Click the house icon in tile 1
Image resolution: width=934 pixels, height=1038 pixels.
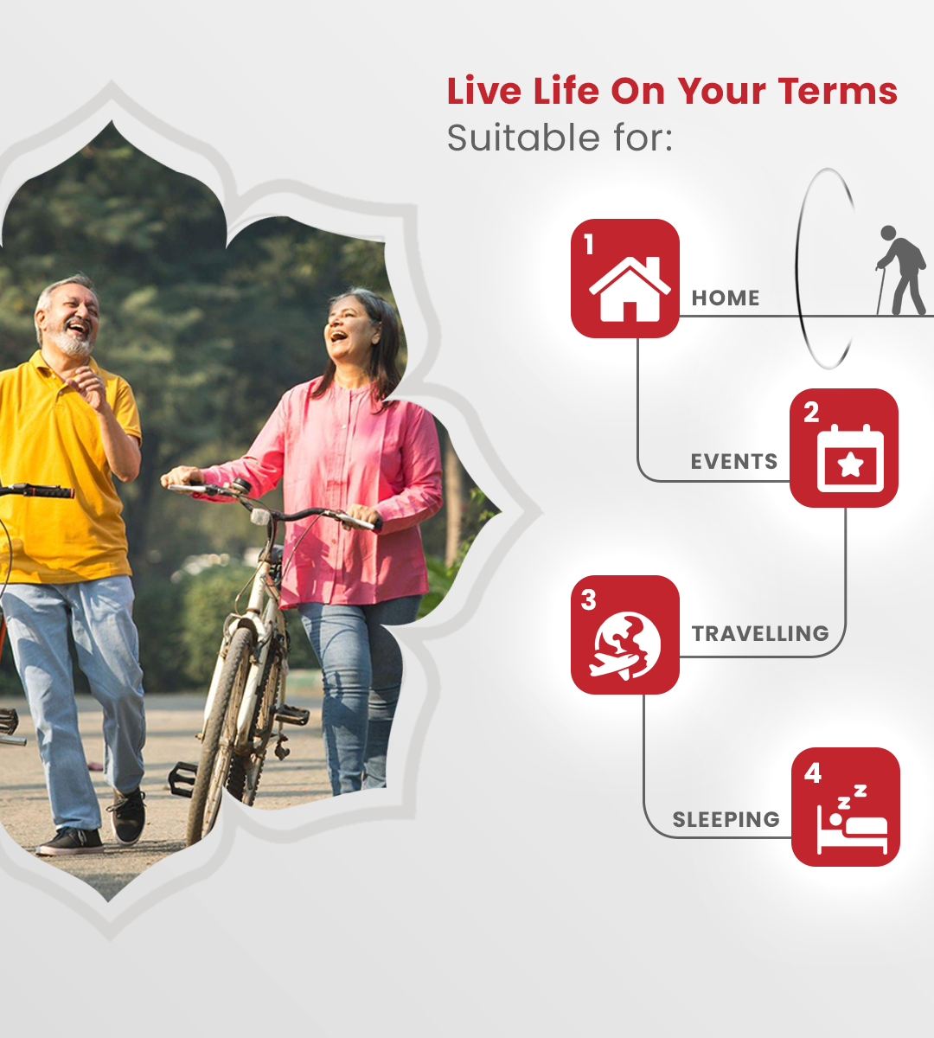click(630, 289)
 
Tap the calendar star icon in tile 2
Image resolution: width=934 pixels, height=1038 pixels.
click(850, 458)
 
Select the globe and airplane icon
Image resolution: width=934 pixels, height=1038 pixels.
click(625, 646)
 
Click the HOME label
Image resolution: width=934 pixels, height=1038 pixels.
click(726, 298)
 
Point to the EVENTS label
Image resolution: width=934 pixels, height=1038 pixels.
click(733, 462)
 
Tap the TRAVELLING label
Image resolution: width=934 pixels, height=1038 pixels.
click(760, 634)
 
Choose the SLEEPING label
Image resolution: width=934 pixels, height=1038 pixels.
click(726, 820)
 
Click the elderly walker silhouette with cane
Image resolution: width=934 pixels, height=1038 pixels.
click(901, 270)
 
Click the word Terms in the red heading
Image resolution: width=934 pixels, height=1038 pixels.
click(838, 91)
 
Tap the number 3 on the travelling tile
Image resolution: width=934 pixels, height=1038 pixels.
click(588, 600)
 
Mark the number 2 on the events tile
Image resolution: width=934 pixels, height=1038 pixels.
click(811, 413)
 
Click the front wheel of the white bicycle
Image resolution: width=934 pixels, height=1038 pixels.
click(221, 725)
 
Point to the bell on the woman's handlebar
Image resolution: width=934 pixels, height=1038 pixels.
click(240, 486)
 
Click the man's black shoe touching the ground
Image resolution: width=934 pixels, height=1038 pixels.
click(70, 841)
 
